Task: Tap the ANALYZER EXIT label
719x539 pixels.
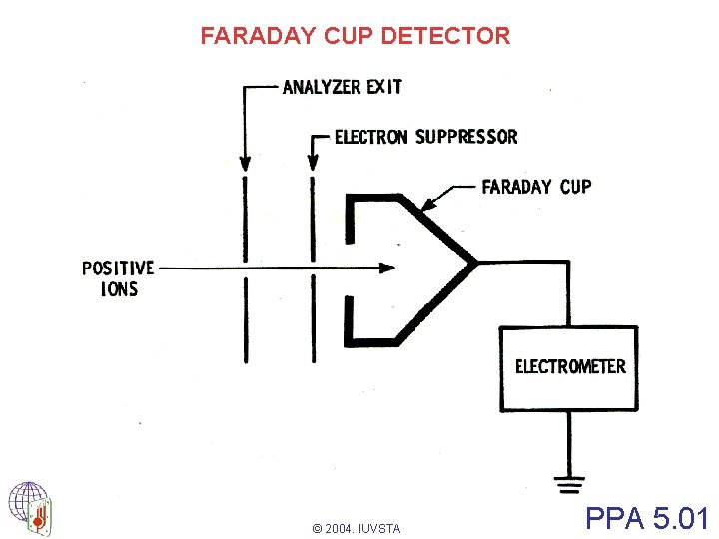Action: (342, 87)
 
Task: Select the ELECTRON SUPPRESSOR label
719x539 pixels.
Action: (425, 137)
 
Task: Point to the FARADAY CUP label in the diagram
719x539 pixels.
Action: (536, 187)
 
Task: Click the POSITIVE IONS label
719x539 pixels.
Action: (118, 278)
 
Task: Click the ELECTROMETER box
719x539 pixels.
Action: (569, 367)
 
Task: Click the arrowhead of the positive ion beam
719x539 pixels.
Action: (388, 267)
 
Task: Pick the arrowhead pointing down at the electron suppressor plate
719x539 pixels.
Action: (313, 162)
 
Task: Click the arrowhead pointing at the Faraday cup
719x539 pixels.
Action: (423, 204)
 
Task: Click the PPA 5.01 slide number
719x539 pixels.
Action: (646, 519)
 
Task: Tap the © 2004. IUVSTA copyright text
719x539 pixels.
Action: (356, 528)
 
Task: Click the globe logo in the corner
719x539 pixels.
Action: (29, 507)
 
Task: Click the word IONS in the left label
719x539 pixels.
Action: (119, 290)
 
